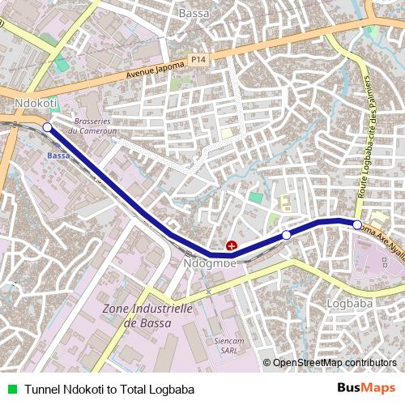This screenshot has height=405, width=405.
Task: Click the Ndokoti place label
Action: (x=36, y=104)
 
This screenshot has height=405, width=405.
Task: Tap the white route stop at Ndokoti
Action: (x=47, y=127)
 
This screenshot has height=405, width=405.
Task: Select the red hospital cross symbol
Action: (x=232, y=245)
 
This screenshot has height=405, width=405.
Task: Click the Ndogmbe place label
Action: (x=210, y=263)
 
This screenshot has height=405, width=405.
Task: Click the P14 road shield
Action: (x=199, y=59)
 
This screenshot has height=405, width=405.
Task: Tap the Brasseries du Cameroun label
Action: (x=96, y=126)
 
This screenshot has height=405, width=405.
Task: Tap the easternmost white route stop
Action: (x=357, y=224)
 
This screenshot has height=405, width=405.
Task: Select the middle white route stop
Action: (x=286, y=235)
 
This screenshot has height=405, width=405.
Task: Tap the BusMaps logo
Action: (x=365, y=388)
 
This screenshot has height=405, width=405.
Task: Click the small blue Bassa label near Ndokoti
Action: (x=58, y=155)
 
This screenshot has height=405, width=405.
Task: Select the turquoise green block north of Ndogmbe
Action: (x=256, y=197)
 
